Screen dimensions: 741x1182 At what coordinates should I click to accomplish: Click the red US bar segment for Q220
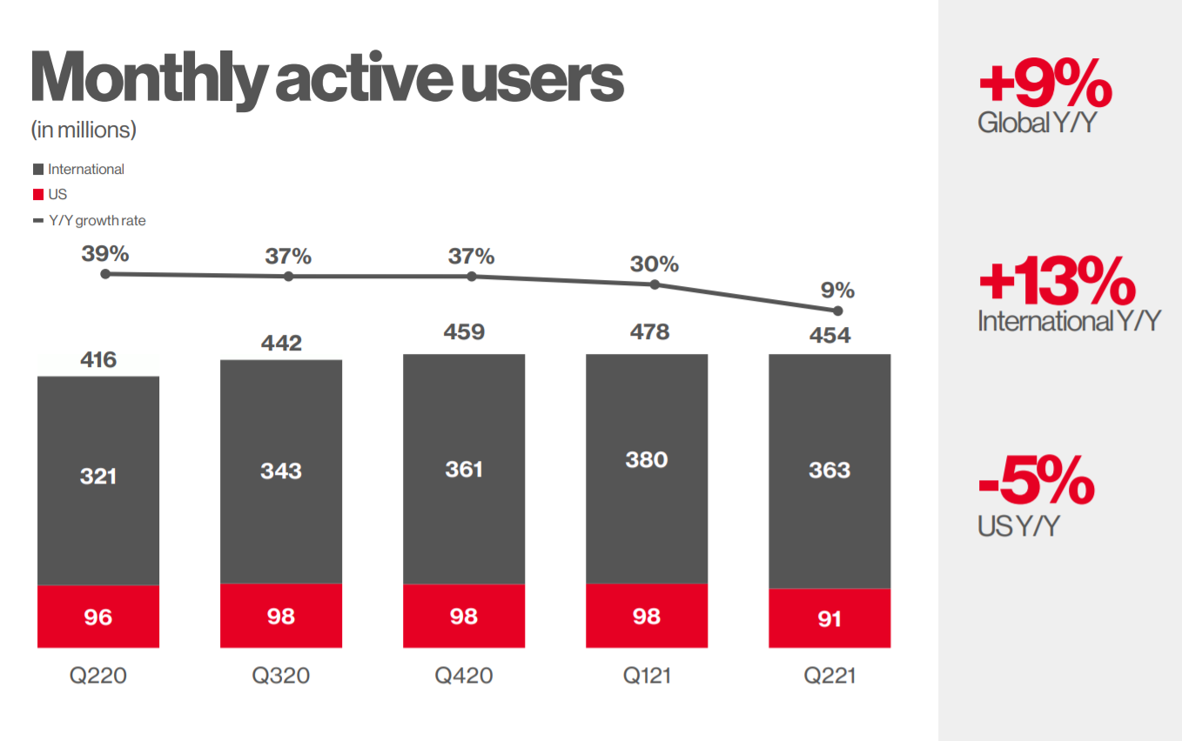pyautogui.click(x=98, y=617)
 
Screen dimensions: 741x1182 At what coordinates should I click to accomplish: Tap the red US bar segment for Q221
pyautogui.click(x=829, y=618)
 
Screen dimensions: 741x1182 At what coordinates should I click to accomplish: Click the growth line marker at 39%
pyautogui.click(x=105, y=274)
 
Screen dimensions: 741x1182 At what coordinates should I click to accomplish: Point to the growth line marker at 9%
pyautogui.click(x=838, y=310)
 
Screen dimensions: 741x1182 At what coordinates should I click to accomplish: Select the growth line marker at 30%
pyautogui.click(x=655, y=284)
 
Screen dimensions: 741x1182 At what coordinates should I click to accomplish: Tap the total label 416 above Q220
pyautogui.click(x=98, y=359)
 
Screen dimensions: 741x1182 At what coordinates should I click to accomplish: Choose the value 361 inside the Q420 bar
pyautogui.click(x=464, y=470)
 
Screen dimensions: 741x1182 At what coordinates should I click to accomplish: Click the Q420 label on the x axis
pyautogui.click(x=464, y=676)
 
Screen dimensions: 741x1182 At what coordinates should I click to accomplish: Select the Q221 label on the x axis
pyautogui.click(x=829, y=676)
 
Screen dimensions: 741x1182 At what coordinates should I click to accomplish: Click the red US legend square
pyautogui.click(x=37, y=195)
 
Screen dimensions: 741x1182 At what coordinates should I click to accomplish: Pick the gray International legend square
pyautogui.click(x=37, y=170)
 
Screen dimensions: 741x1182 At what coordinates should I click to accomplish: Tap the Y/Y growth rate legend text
pyautogui.click(x=97, y=221)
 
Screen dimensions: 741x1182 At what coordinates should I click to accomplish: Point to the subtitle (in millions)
pyautogui.click(x=84, y=130)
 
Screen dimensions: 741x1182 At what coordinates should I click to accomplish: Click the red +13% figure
pyautogui.click(x=1057, y=283)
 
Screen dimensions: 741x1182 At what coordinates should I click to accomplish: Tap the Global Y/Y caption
pyautogui.click(x=1036, y=123)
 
